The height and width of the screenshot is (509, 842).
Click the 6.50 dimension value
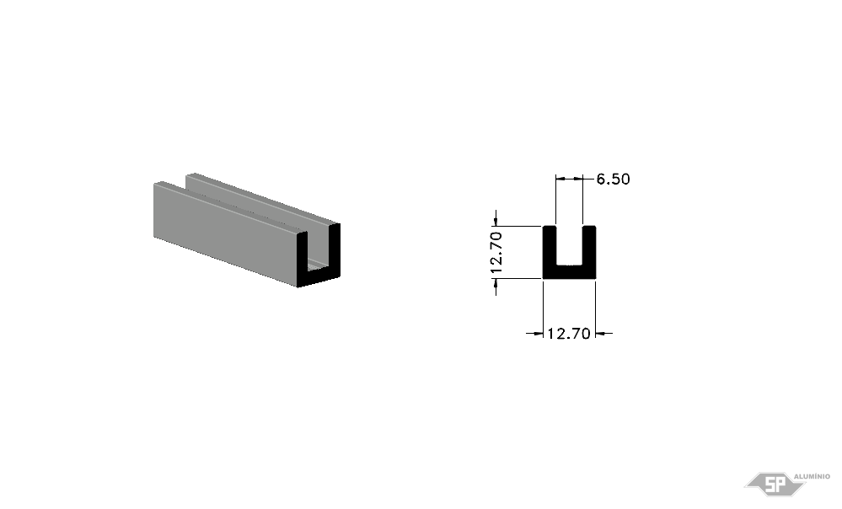(x=614, y=179)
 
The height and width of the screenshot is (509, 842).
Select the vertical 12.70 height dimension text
(x=496, y=252)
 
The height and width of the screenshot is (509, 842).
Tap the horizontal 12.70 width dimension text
(x=569, y=334)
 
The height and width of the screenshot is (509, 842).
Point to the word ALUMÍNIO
(x=812, y=476)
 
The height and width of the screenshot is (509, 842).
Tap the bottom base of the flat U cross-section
(x=569, y=272)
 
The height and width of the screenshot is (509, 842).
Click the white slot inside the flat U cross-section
(x=569, y=245)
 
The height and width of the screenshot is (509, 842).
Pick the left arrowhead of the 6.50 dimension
(x=560, y=179)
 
